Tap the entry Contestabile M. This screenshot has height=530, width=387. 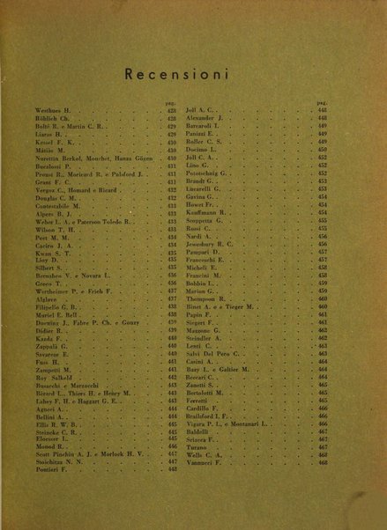[48, 205]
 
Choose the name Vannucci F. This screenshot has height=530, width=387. [205, 463]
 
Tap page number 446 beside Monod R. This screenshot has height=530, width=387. [171, 446]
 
